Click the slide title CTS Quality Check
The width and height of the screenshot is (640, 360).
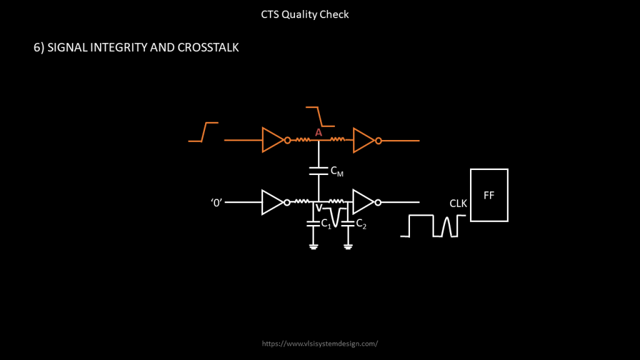[305, 14]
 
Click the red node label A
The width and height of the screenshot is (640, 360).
[318, 132]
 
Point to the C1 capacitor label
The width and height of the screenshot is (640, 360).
[326, 224]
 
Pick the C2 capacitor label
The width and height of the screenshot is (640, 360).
[361, 224]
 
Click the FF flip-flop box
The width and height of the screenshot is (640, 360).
[489, 195]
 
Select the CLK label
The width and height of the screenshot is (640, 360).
[458, 204]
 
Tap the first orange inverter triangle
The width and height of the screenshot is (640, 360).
[273, 141]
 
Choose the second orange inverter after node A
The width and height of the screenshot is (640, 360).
[363, 141]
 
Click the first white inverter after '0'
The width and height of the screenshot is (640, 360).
[272, 202]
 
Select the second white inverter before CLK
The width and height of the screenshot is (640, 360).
[362, 202]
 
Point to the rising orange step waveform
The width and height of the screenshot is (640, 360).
[203, 132]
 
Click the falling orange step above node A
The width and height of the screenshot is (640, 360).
[319, 116]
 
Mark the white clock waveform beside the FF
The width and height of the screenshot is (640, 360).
[433, 226]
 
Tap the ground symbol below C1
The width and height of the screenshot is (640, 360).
[313, 246]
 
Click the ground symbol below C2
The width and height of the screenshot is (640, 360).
[348, 246]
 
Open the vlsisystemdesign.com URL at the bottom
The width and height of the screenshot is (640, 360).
[320, 344]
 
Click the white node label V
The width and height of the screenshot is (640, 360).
[319, 208]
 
